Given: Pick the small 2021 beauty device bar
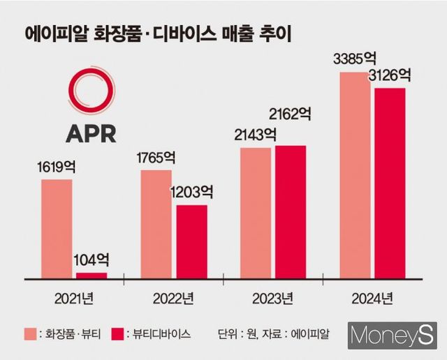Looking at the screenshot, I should click(91, 276).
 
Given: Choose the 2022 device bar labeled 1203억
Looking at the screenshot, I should click(191, 241).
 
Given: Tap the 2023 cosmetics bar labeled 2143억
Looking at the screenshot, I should click(256, 213).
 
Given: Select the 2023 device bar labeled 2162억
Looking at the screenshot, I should click(291, 212).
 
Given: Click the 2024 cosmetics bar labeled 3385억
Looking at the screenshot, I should click(356, 174).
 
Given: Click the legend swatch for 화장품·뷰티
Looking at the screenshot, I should click(31, 333).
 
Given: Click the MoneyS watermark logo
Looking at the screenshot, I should click(393, 336).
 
